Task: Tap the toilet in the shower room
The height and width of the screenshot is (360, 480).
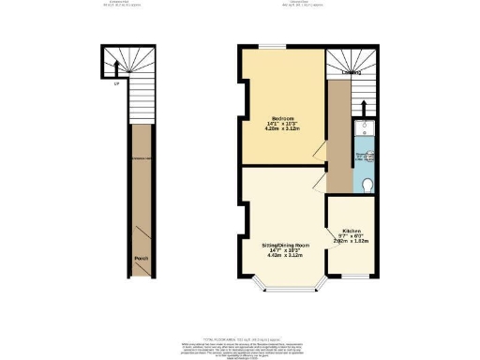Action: coord(368,183)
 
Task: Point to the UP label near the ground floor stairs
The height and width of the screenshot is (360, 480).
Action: coord(116,84)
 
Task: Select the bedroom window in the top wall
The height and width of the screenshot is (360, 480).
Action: coord(273,46)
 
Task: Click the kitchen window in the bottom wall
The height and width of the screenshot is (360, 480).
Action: coord(354,276)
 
